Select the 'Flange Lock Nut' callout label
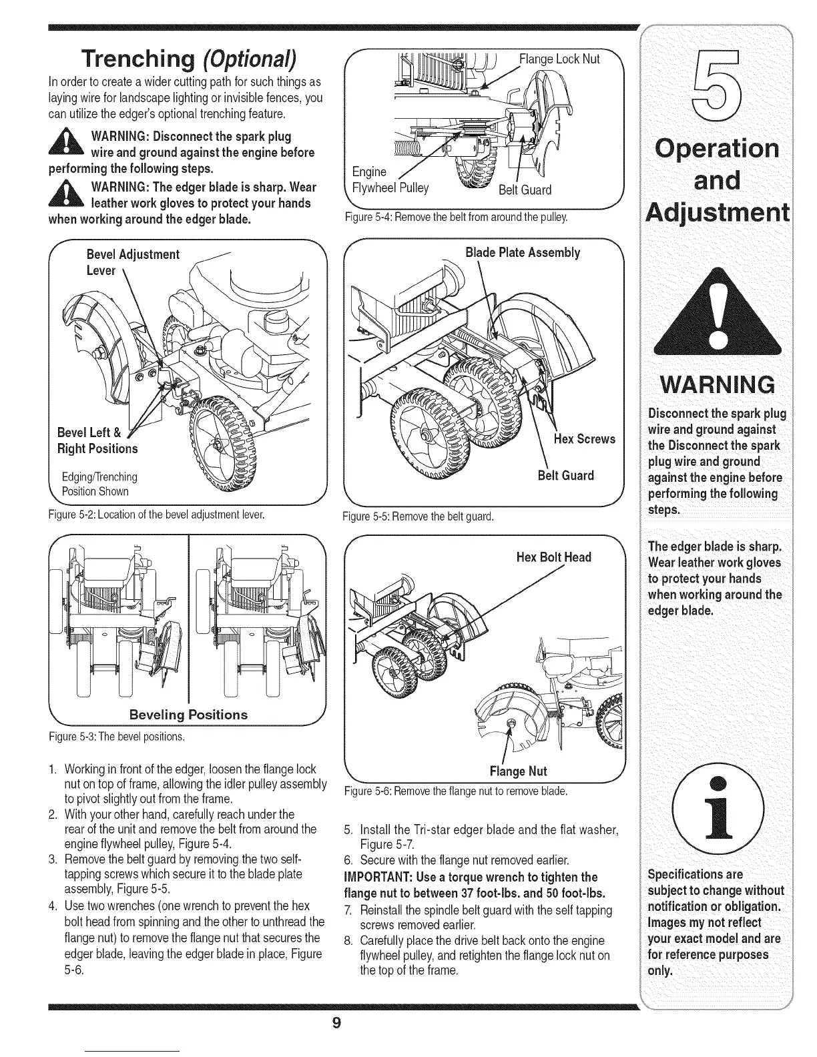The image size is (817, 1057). pyautogui.click(x=560, y=59)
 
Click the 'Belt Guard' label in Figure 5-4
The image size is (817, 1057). pyautogui.click(x=525, y=190)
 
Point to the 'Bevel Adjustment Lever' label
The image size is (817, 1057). pyautogui.click(x=133, y=262)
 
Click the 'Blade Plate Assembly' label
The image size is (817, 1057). pyautogui.click(x=522, y=252)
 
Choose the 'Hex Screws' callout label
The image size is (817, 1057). pyautogui.click(x=584, y=438)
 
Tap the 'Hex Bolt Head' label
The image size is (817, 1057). pyautogui.click(x=554, y=557)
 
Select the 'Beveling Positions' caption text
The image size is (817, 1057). pyautogui.click(x=188, y=714)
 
